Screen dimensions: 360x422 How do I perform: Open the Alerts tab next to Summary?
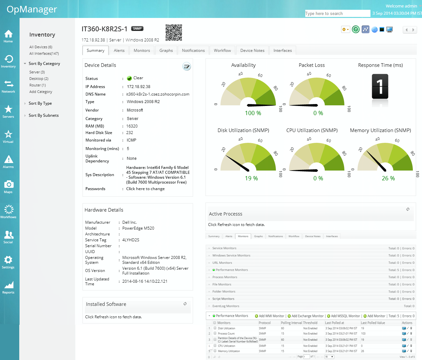119,51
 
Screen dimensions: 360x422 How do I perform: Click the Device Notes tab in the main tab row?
252,51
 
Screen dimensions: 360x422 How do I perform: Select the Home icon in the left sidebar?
8,36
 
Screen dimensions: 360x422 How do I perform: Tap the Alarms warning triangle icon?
8,161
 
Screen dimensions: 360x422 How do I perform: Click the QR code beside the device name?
173,33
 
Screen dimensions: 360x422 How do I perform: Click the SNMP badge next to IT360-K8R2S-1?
137,29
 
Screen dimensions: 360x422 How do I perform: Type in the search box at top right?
337,13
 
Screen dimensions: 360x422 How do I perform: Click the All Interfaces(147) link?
44,53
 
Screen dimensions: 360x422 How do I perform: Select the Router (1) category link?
38,85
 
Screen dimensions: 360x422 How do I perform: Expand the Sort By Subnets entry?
43,115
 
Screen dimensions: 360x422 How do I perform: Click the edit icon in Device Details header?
187,67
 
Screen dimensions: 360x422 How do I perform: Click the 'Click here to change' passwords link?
145,189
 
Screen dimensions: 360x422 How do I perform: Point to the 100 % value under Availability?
253,113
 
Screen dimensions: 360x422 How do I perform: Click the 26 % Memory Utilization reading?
388,178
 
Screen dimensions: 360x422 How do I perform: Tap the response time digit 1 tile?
380,86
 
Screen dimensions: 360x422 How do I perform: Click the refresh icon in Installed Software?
185,304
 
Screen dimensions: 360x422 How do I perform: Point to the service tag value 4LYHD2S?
131,240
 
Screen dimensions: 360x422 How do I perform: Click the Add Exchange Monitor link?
307,316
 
